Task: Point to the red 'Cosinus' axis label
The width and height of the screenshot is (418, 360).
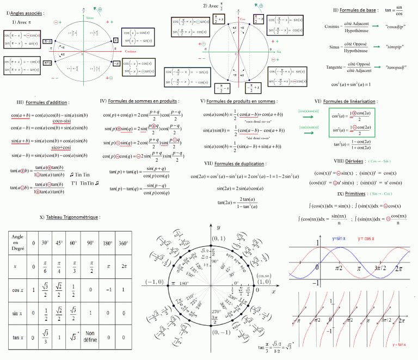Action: (x=130, y=51)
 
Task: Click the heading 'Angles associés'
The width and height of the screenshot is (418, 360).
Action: (x=25, y=12)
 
